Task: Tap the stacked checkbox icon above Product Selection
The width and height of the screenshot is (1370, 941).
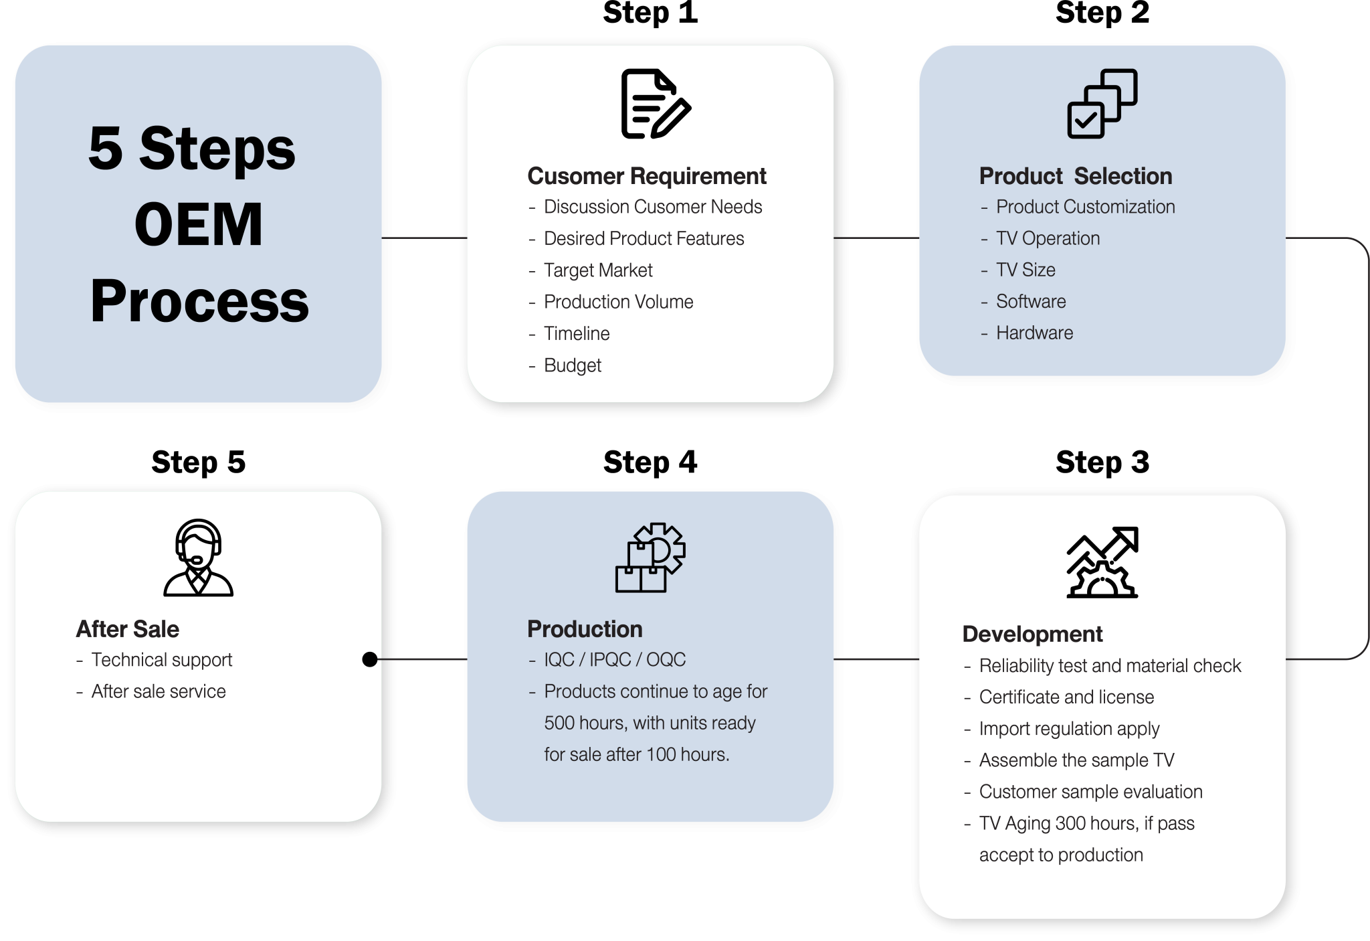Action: [1102, 104]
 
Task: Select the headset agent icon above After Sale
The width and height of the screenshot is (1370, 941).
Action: [198, 558]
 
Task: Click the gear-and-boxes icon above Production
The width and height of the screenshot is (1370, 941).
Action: [650, 558]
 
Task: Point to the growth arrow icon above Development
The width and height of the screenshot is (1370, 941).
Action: [1102, 562]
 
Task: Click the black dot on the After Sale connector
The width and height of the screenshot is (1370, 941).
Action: [369, 659]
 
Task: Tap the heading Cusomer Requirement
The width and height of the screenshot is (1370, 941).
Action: [646, 176]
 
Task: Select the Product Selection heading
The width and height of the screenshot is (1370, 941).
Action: [1075, 176]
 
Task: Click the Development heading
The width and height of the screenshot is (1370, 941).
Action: [1032, 634]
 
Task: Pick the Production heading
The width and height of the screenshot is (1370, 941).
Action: [585, 629]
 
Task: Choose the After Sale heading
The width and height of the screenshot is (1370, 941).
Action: [128, 629]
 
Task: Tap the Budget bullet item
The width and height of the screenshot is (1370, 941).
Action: [573, 365]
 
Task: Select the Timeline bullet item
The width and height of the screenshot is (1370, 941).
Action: [577, 333]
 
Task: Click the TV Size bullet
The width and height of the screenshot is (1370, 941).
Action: [1025, 270]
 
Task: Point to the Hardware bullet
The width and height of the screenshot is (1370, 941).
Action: [1034, 333]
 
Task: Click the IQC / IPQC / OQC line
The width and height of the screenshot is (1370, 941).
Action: [615, 660]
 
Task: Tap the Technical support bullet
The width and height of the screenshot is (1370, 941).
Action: [162, 660]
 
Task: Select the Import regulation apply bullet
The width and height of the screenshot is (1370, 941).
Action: [1069, 729]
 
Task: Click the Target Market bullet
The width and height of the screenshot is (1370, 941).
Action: [598, 270]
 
